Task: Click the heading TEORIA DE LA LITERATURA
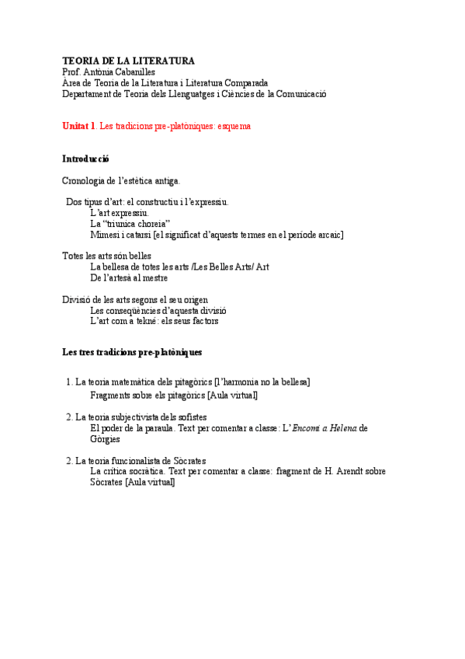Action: [x=128, y=61]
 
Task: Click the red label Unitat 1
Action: [x=79, y=126]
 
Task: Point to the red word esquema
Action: [x=234, y=126]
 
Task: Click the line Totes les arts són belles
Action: [x=106, y=256]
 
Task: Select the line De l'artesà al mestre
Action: [x=129, y=277]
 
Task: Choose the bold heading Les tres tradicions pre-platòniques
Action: [x=132, y=353]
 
